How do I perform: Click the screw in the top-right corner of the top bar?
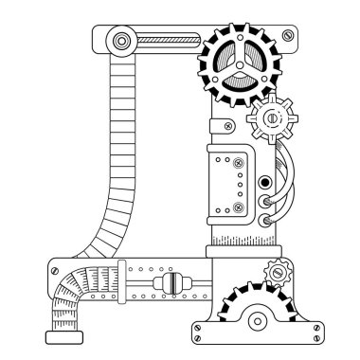[x=283, y=36]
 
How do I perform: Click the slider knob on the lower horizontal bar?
[x=170, y=285]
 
